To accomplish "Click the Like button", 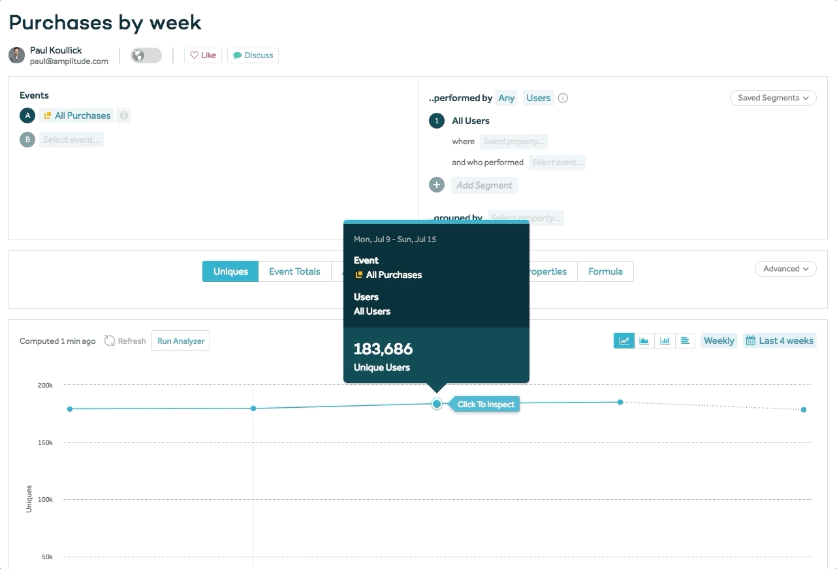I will [203, 55].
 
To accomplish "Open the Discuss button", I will [253, 55].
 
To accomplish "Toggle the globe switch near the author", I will [146, 55].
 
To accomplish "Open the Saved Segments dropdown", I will [773, 98].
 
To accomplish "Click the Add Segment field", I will [484, 185].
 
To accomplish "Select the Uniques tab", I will [230, 271].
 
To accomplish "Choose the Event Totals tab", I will [294, 271].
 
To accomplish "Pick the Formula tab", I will [605, 271].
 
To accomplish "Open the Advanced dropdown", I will [785, 269].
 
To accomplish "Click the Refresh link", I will [125, 341].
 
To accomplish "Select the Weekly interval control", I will [719, 341].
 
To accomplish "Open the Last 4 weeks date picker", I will [780, 341].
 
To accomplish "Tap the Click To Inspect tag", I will [486, 405].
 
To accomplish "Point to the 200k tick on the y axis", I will [45, 386].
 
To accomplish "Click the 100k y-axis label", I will [45, 500].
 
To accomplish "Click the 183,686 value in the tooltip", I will [383, 349].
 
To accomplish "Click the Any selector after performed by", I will [506, 98].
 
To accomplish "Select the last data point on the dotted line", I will [804, 410].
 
